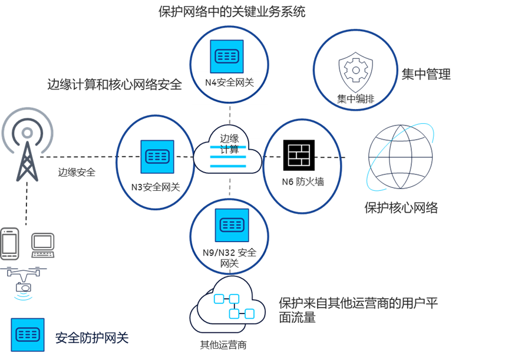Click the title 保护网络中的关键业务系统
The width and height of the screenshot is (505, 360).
232,11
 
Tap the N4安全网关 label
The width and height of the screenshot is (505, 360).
229,82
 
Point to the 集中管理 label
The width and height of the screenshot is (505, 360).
426,74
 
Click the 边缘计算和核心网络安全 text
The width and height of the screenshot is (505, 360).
114,85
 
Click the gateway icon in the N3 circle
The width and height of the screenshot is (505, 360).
157,156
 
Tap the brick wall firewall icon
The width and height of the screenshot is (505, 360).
299,155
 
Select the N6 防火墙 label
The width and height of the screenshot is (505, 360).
302,182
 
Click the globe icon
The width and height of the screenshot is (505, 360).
401,156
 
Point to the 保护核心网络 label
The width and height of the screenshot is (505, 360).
401,208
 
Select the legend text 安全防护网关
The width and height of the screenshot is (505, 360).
91,338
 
